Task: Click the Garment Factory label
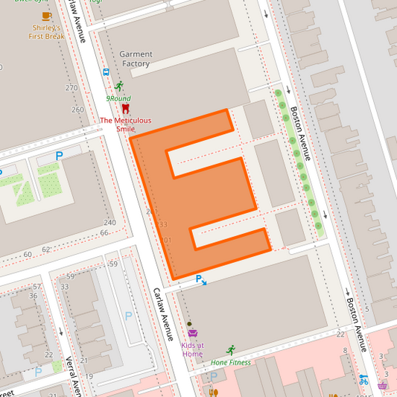click(136, 59)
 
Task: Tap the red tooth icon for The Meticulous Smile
click(125, 108)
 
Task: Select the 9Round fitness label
click(118, 98)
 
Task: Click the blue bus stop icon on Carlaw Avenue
click(106, 73)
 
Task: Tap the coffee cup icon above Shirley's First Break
click(46, 15)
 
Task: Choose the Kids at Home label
click(192, 349)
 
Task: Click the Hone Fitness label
click(231, 363)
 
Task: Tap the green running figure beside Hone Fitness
click(231, 349)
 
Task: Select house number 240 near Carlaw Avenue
click(109, 223)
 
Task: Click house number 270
click(71, 88)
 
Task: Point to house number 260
click(77, 109)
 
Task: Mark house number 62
click(46, 250)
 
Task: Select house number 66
click(104, 233)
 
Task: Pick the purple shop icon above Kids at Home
click(192, 333)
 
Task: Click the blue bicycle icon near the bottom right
click(363, 379)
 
